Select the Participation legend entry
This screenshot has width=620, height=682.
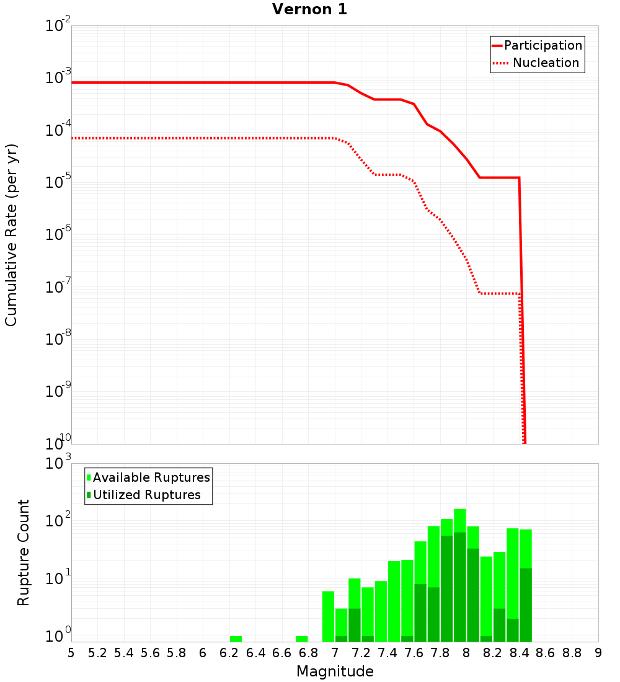click(542, 46)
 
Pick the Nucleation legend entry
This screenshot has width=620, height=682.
click(545, 63)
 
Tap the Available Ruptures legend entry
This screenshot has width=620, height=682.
click(151, 477)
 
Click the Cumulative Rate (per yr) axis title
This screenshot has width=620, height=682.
click(11, 235)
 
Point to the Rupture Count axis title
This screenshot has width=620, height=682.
click(24, 552)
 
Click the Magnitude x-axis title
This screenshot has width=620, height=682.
click(335, 671)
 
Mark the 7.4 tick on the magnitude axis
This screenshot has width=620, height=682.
click(387, 653)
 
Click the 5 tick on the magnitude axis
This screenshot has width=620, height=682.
click(71, 653)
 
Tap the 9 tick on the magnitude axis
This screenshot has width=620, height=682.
click(598, 653)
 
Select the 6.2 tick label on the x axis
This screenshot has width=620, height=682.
click(229, 653)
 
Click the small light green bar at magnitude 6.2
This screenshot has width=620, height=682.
click(236, 639)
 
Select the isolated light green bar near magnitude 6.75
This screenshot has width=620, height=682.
click(302, 639)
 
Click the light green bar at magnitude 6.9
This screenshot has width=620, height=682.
click(328, 617)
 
